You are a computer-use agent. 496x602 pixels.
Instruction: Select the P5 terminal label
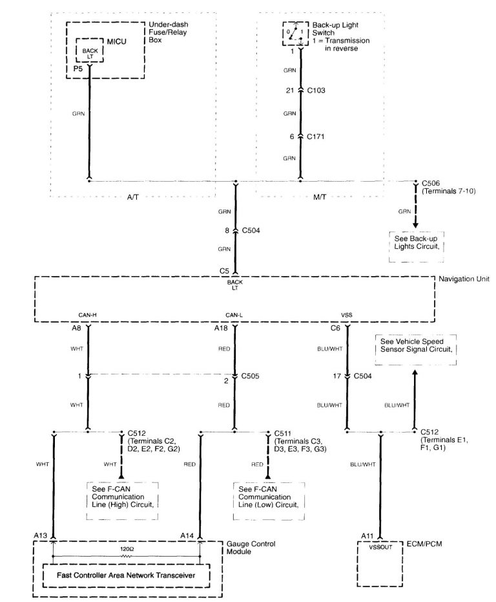pos(77,68)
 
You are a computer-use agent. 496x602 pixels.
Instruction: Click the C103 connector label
pos(316,91)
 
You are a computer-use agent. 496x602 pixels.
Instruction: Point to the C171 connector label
pos(316,136)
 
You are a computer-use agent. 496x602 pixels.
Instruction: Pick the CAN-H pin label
pos(87,316)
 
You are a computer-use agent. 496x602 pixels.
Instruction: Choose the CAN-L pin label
pos(234,316)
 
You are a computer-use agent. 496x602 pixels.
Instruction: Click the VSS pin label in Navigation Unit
pos(347,316)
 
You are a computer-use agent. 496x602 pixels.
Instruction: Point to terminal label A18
pos(222,328)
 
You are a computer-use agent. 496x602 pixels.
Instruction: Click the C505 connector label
pos(251,374)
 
